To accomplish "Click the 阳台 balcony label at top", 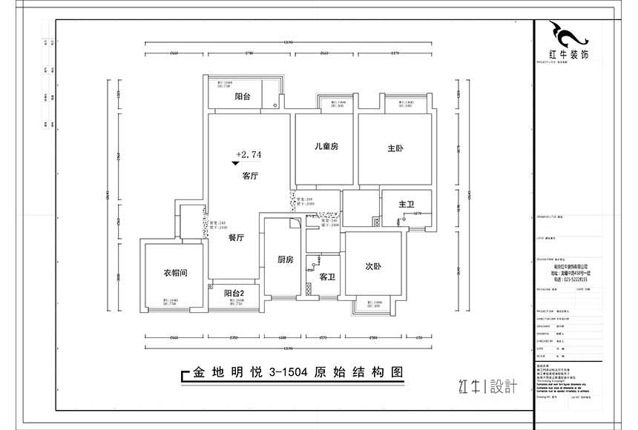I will point(242,96).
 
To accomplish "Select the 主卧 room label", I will point(395,149).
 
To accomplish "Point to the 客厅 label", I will point(249,176).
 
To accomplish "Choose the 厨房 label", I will point(286,259).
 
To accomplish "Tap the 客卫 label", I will point(327,277).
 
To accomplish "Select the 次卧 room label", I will point(373,266).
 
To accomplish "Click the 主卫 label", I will point(406,204).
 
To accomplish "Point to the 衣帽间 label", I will point(175,273).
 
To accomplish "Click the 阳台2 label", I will point(234,293).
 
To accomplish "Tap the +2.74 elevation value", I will point(249,155).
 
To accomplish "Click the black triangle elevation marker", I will point(235,162).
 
